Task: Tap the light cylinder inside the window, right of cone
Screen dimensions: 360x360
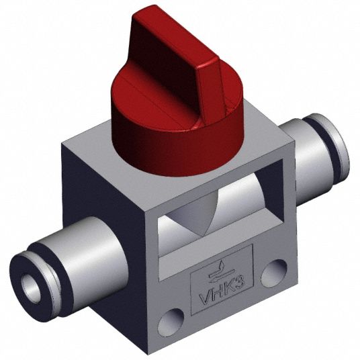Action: (x=242, y=201)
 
